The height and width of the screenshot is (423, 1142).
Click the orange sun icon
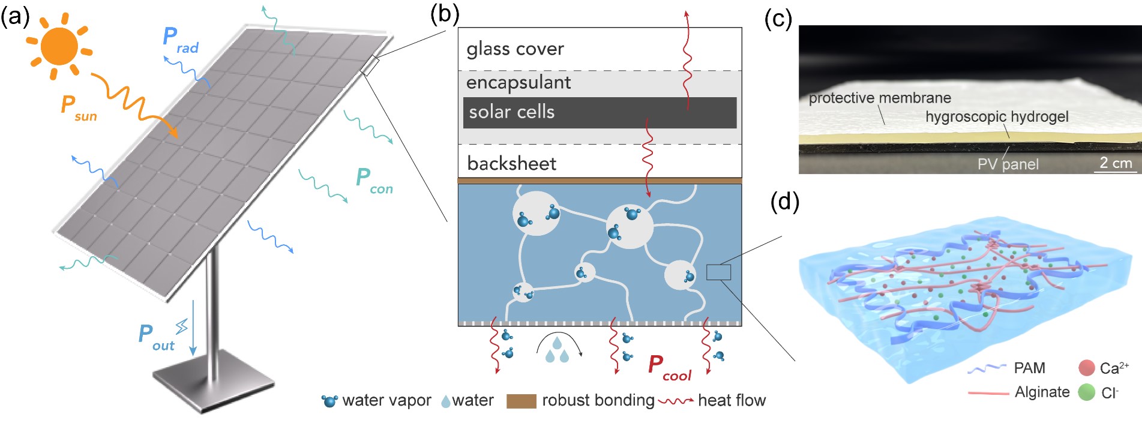[x=59, y=46]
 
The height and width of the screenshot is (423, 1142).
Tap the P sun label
[x=79, y=107]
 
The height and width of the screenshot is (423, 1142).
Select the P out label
[x=155, y=337]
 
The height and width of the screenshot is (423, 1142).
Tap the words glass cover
[x=515, y=49]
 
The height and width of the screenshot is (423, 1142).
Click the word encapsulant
[x=518, y=82]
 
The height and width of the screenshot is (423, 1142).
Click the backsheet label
[x=511, y=163]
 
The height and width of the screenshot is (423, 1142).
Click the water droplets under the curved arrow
[x=557, y=351]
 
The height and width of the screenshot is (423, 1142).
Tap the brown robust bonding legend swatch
[x=521, y=401]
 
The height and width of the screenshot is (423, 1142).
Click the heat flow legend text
[x=732, y=400]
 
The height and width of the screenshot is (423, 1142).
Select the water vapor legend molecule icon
[x=329, y=401]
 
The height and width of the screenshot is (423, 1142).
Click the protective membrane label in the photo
[x=879, y=98]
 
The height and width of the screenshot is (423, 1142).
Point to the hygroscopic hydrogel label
[x=996, y=116]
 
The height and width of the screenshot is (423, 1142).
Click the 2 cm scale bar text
[x=1116, y=163]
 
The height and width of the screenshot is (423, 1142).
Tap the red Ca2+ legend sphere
[x=1087, y=368]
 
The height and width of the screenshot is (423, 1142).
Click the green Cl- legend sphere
[x=1087, y=392]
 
